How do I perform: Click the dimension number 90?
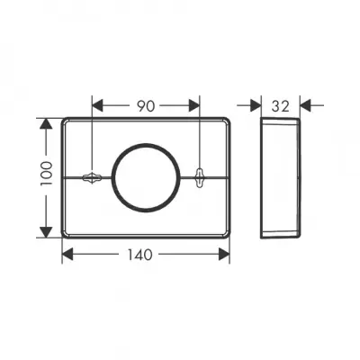[146, 106]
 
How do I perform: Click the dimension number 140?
[140, 255]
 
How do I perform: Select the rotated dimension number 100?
[47, 173]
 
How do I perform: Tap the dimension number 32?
[281, 106]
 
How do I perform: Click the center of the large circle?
[146, 177]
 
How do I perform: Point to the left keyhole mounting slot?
[93, 177]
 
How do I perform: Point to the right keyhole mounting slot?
[199, 177]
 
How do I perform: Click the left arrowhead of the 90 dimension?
[97, 105]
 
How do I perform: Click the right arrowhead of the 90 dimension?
[194, 105]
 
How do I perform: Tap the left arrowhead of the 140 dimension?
[67, 255]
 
